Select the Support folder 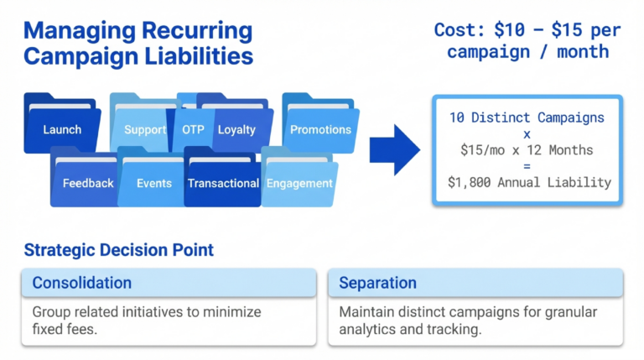click(x=144, y=129)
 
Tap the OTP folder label click(x=193, y=129)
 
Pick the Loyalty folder click(x=236, y=129)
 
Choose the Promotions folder click(x=320, y=129)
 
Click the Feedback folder click(x=87, y=182)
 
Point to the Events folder click(x=153, y=182)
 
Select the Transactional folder click(x=223, y=182)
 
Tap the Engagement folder click(x=299, y=182)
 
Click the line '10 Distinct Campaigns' click(x=527, y=117)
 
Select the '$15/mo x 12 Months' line click(x=527, y=149)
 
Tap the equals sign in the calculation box click(x=527, y=165)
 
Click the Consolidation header click(x=81, y=283)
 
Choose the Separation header click(x=377, y=283)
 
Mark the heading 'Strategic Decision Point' click(x=118, y=249)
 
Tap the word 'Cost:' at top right click(x=459, y=30)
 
